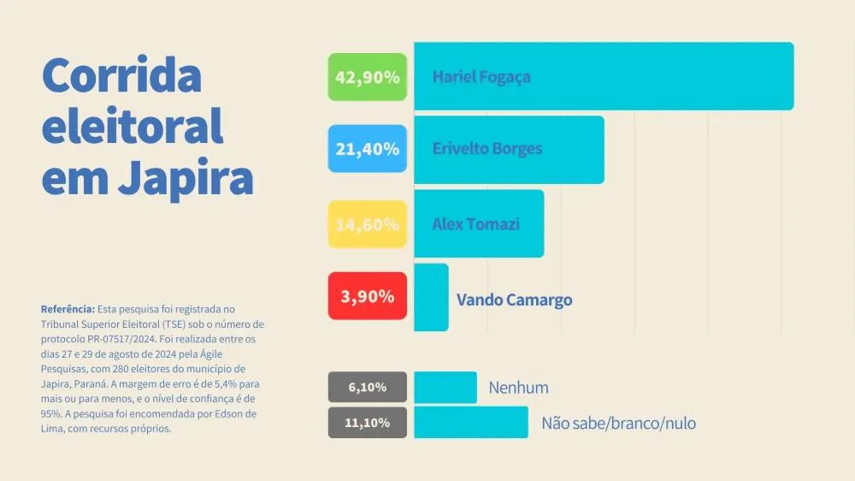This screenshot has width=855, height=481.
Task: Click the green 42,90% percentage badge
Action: [x=368, y=77]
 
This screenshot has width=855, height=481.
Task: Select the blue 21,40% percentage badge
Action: [x=368, y=149]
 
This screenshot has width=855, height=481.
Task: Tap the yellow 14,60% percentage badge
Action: [x=368, y=224]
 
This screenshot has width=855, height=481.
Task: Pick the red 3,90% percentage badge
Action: [x=368, y=296]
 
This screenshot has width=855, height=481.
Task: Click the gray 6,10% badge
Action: [x=368, y=388]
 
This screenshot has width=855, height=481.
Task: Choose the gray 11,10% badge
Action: [x=368, y=423]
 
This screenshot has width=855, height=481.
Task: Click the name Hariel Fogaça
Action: [x=481, y=77]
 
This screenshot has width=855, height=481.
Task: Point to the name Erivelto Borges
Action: [x=487, y=149]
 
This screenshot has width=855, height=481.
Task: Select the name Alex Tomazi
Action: [x=476, y=224]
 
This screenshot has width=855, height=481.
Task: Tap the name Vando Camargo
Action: [x=514, y=300]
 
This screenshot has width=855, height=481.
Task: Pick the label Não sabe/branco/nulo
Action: [x=618, y=424]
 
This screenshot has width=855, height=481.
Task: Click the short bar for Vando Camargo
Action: [x=431, y=297]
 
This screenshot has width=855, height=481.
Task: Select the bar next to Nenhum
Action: [x=445, y=388]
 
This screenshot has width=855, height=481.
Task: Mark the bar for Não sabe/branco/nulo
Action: [x=471, y=423]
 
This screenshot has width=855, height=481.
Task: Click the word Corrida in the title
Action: [x=121, y=77]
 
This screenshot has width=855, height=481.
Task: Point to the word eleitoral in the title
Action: [x=133, y=128]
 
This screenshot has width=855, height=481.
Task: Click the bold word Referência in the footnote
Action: [x=68, y=308]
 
